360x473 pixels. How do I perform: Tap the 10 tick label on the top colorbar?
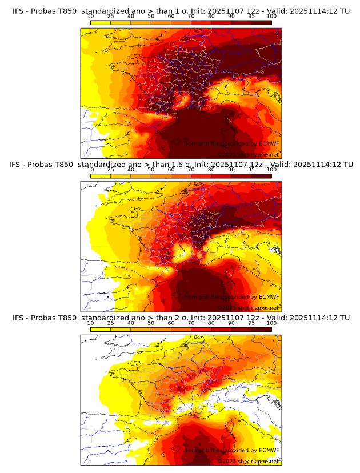click(90, 16)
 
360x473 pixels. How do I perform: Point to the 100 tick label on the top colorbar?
click(271, 16)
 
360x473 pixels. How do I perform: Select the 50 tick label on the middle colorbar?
click(151, 170)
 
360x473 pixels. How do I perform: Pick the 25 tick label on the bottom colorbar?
click(110, 323)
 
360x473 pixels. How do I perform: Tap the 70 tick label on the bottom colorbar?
click(191, 323)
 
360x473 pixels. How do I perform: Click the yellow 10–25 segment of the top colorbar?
click(101, 22)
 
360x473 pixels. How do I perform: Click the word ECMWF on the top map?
click(269, 143)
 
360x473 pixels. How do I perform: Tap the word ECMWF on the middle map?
click(269, 297)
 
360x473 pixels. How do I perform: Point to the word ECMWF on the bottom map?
click(269, 451)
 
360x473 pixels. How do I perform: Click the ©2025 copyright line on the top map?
click(248, 154)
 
